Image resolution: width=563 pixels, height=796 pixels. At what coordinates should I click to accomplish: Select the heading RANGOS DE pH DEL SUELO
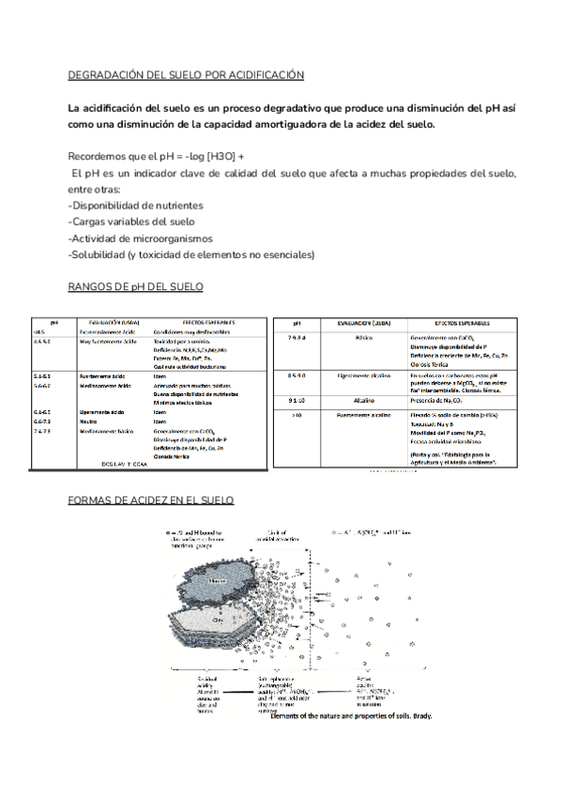[x=136, y=285]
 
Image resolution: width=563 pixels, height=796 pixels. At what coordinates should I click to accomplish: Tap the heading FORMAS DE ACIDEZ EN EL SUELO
[x=152, y=500]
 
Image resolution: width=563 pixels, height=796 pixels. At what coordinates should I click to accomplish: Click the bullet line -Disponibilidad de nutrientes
[x=136, y=205]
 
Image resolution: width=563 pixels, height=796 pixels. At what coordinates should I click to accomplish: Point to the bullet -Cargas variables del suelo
[x=131, y=222]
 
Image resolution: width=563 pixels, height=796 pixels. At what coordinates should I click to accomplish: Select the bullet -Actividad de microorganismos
[x=141, y=238]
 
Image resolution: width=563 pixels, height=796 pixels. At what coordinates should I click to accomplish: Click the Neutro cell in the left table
[x=91, y=421]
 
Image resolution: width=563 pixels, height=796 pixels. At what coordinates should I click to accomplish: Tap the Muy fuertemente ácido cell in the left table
[x=110, y=343]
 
